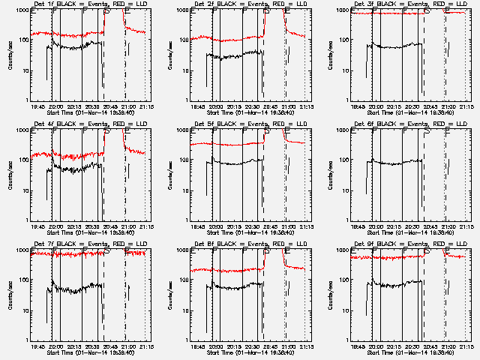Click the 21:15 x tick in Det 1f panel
147,106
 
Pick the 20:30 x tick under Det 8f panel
253,346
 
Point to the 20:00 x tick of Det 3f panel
375,106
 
